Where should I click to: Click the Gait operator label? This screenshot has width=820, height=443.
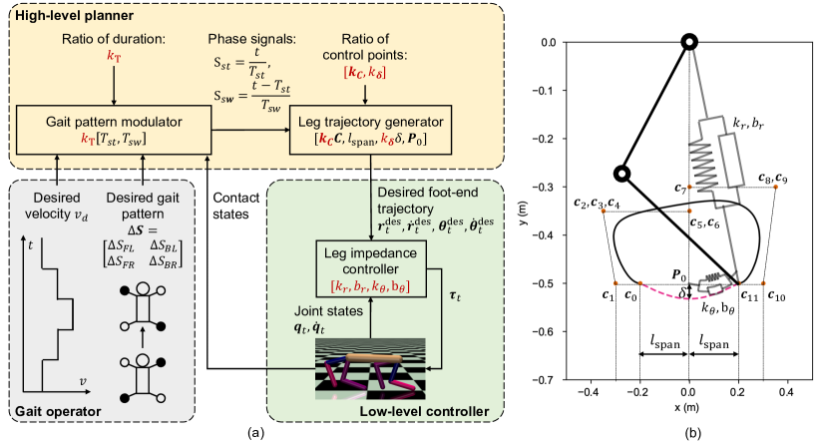[x=47, y=410]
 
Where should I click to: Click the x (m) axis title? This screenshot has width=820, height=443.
[x=688, y=408]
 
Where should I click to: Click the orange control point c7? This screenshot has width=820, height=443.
[x=688, y=187]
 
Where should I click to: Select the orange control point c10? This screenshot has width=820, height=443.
[x=763, y=283]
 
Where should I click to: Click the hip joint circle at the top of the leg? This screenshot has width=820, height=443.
[x=688, y=42]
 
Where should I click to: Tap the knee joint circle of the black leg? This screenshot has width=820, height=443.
[x=620, y=175]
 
